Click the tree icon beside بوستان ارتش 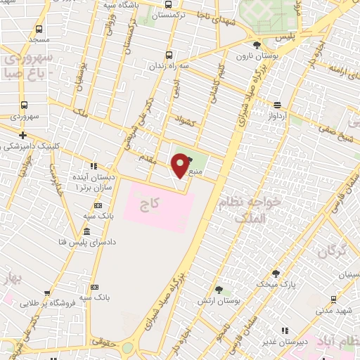219,289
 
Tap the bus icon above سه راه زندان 168,54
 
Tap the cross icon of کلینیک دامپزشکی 23,134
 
